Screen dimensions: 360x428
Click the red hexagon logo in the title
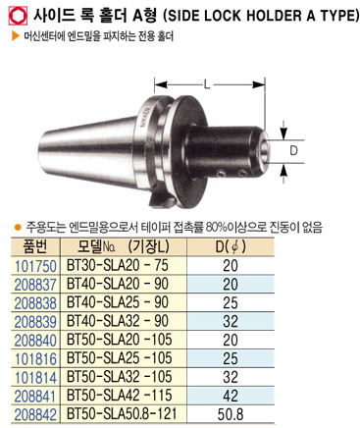coord(18,16)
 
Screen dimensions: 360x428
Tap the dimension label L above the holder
coord(207,84)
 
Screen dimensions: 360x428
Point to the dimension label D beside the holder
coord(294,151)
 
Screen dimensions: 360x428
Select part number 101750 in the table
coord(35,266)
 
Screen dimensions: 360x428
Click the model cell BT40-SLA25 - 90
coord(118,302)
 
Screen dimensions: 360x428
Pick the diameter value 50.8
coord(231,414)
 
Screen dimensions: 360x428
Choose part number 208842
coord(35,414)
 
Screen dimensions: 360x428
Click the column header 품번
coord(35,246)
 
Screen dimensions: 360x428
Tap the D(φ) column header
coord(231,246)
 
